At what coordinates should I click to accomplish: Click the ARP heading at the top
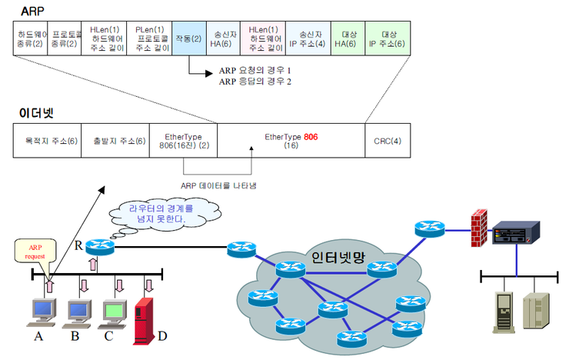tap(32, 11)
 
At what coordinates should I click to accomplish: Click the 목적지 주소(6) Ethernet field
tap(47, 140)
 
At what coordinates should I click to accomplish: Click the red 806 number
tap(311, 135)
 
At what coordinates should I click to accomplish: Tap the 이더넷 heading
tap(36, 112)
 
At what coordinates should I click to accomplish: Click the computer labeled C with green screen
tap(115, 311)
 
